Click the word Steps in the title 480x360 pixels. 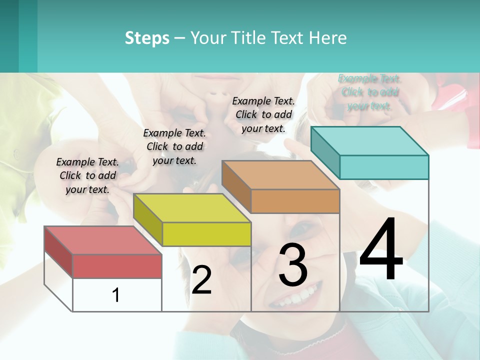[147, 38]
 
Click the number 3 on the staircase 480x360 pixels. [293, 264]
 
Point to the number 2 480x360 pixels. [201, 280]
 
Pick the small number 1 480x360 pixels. [116, 295]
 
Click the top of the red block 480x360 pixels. [103, 240]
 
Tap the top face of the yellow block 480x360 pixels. [192, 208]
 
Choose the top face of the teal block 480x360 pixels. [370, 141]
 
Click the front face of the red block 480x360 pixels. [117, 266]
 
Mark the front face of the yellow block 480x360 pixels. [206, 234]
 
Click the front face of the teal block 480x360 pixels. [384, 167]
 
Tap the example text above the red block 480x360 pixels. [87, 175]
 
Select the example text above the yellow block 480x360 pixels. [174, 146]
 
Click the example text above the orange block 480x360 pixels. [263, 114]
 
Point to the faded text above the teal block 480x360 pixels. [369, 92]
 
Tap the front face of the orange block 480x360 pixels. [295, 201]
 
